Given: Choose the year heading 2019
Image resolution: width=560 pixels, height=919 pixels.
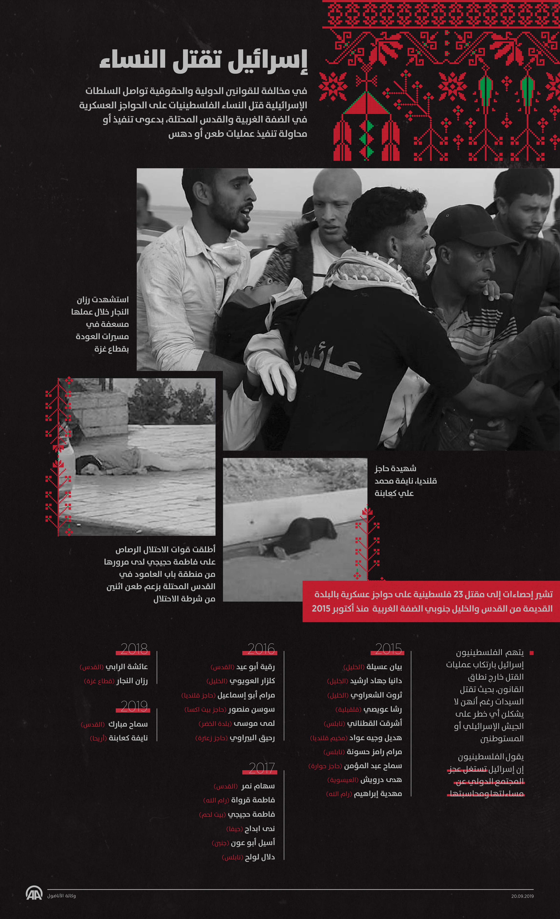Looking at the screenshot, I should (134, 706).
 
